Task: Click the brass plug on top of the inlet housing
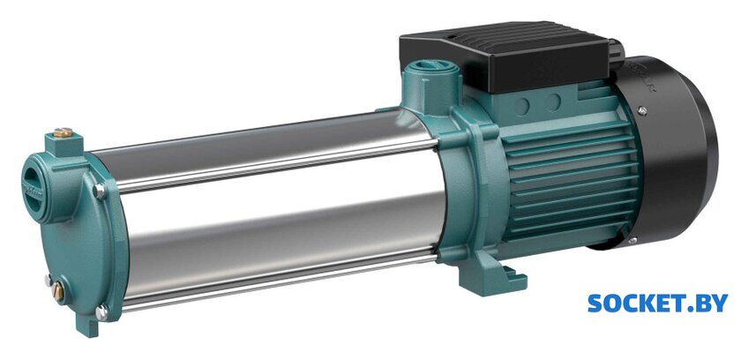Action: tap(63, 132)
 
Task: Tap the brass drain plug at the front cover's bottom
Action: tap(58, 292)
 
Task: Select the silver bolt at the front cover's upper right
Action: tap(99, 191)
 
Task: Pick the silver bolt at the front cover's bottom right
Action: tap(101, 311)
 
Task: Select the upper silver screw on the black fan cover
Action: tap(642, 111)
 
